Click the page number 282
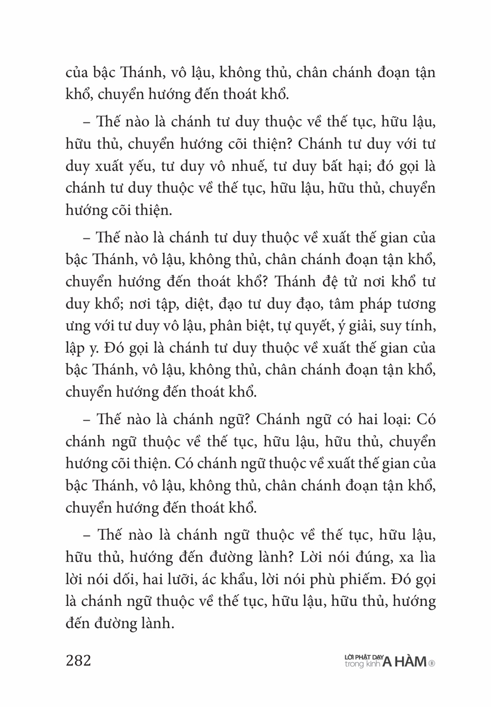coord(79,660)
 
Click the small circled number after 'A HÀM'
coord(432,663)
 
